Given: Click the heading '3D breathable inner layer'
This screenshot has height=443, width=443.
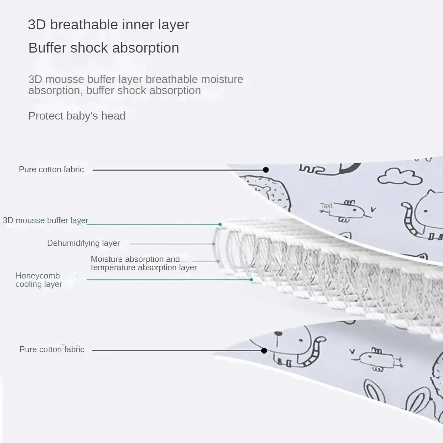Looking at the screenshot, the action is [109, 24].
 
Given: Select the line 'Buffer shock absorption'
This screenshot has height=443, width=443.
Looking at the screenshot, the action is [104, 48].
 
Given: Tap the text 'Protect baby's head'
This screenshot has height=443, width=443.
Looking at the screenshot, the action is [77, 116].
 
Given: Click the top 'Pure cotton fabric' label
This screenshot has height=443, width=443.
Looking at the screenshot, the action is [51, 169].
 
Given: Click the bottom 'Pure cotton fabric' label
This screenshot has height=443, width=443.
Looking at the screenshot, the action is [52, 349].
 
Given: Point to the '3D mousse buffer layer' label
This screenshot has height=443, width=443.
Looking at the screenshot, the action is [46, 220].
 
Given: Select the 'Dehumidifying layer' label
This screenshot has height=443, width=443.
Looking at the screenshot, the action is [83, 243].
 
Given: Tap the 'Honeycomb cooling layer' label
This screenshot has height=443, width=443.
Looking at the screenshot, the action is [39, 280].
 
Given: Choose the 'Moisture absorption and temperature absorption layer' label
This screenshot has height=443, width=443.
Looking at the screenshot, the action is [144, 263].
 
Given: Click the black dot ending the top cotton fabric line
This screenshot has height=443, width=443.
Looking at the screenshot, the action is [266, 170].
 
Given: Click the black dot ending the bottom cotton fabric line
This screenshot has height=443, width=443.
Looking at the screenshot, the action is [264, 351].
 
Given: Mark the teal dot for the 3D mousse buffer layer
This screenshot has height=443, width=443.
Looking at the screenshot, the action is [220, 224].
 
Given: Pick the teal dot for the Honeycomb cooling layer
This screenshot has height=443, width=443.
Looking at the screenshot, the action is [251, 280].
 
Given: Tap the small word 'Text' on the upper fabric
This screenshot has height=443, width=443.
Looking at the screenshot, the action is [326, 206].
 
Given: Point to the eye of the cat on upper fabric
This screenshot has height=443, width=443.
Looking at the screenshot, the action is [426, 212].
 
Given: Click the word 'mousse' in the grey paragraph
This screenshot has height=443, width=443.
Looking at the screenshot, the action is [65, 79].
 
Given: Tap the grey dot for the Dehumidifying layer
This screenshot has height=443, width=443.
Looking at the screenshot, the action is [214, 244].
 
